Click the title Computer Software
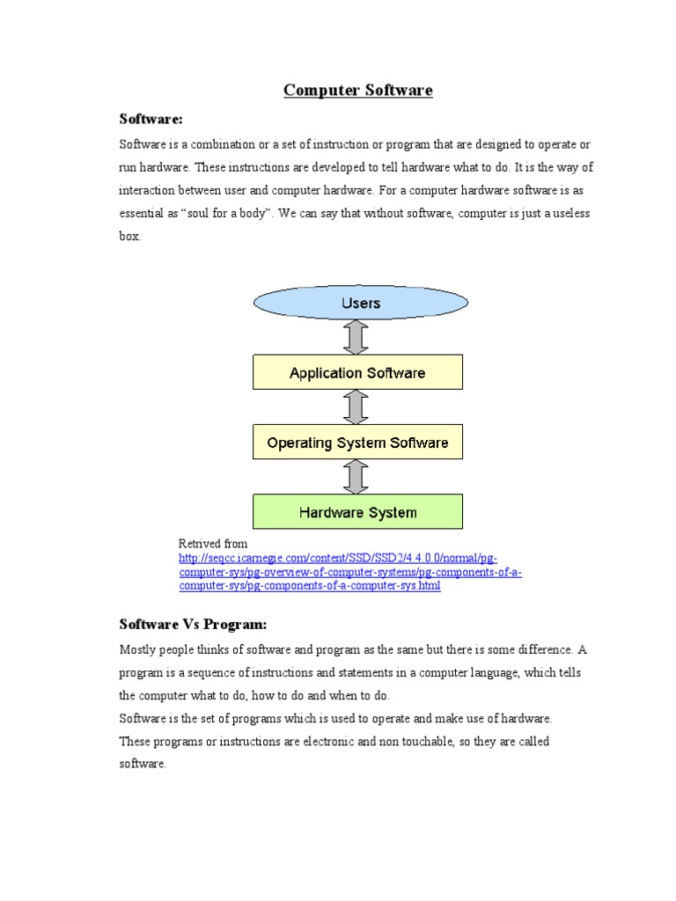coord(357,91)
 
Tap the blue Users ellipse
coord(360,304)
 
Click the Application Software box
coord(357,372)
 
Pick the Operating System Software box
coord(357,442)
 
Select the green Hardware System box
coord(357,511)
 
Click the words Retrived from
coord(213,544)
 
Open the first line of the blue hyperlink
coord(338,559)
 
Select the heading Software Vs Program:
coord(192,625)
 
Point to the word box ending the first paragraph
coord(129,237)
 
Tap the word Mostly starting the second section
coord(138,650)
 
